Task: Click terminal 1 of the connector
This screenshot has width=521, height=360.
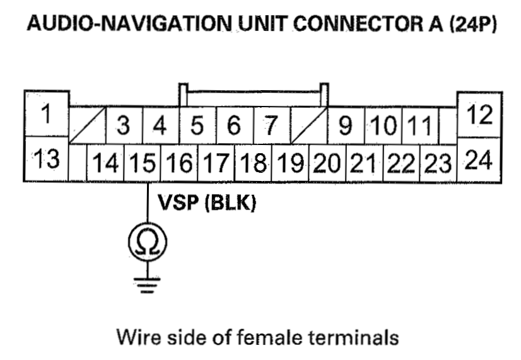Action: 45,115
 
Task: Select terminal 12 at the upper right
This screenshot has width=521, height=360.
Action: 480,115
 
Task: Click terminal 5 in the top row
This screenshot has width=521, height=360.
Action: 197,125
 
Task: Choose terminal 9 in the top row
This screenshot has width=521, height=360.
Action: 345,125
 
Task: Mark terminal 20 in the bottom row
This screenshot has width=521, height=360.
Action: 327,165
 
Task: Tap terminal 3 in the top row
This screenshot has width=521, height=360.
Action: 124,125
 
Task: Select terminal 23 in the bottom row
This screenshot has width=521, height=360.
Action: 437,165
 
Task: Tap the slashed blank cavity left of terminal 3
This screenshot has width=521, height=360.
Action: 87,125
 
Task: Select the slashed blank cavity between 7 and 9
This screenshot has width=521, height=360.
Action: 308,125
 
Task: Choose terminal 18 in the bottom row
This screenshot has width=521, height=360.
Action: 253,165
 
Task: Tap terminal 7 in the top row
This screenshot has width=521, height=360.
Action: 271,125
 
